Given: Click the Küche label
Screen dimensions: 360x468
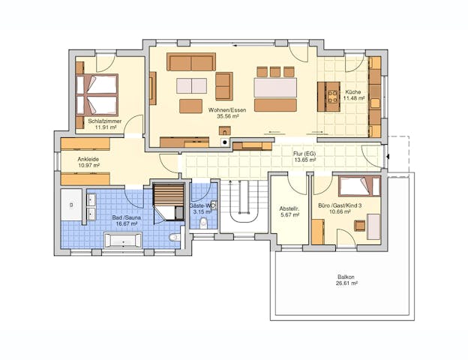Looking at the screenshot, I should pos(352,91).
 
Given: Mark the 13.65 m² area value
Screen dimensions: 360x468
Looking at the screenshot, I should pos(304,160).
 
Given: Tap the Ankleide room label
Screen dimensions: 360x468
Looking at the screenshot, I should pos(88,159).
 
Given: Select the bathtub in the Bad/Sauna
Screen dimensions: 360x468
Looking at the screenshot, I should pos(121,240).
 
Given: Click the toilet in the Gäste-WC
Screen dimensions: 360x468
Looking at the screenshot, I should pos(203,223).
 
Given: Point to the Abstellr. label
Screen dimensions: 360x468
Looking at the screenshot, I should pos(289,208).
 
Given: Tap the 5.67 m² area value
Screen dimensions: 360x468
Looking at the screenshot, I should pos(289,215).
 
